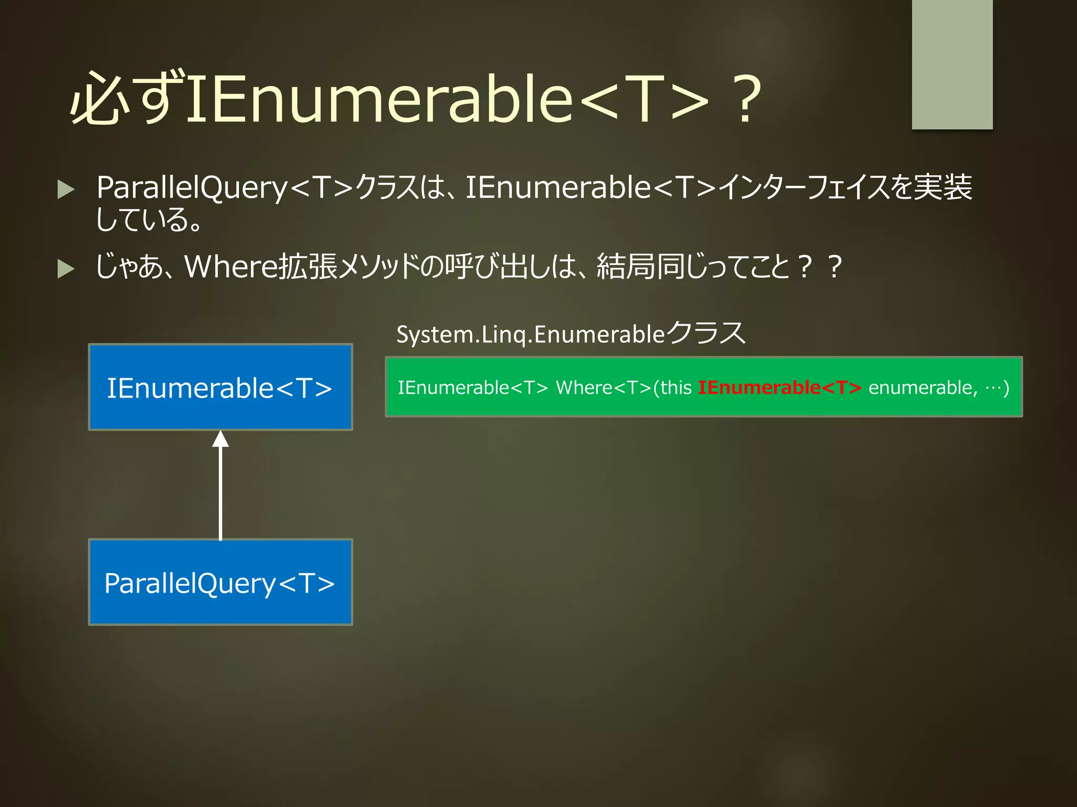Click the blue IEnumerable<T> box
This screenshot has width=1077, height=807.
[220, 387]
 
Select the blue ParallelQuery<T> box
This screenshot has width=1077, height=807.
[220, 582]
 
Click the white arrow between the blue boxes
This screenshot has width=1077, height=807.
[220, 489]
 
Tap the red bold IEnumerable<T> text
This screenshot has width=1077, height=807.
[779, 388]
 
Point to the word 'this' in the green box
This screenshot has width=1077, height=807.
[676, 388]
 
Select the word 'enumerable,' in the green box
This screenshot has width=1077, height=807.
[923, 388]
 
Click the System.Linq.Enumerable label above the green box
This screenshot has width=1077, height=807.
[571, 334]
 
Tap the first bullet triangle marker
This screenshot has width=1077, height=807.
[66, 189]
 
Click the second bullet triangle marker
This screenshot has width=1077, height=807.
[66, 268]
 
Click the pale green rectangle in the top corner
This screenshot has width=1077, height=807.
[952, 64]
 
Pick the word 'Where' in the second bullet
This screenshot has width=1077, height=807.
[230, 266]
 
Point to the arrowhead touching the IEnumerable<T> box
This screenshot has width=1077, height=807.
[220, 439]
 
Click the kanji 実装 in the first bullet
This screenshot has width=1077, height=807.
[942, 188]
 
